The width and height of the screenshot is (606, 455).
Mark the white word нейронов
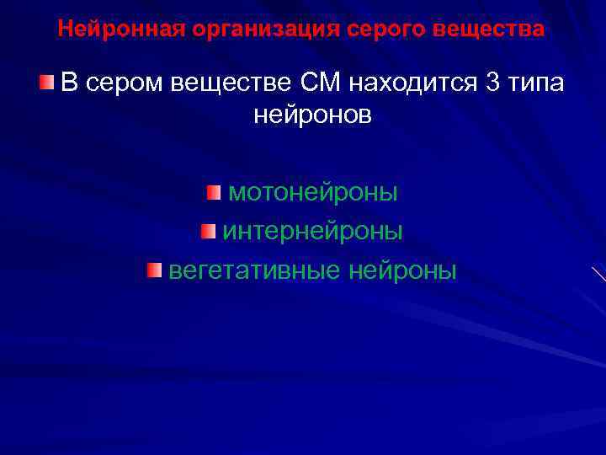coord(312,116)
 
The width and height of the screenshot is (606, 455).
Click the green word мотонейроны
coord(313,193)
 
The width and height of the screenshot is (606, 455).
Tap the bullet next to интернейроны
coord(208,230)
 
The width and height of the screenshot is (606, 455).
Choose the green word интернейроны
coord(312,231)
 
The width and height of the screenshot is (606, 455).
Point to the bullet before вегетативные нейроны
coord(152,270)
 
